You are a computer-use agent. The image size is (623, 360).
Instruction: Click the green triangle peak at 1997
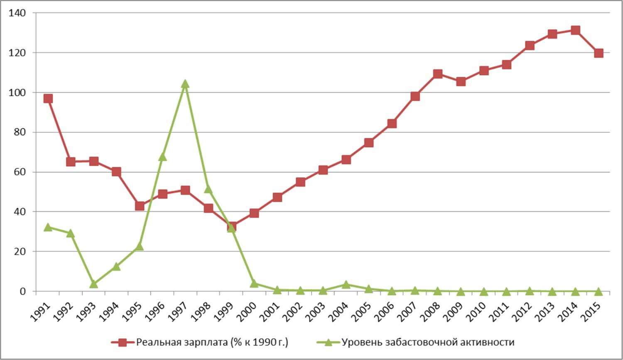click(185, 84)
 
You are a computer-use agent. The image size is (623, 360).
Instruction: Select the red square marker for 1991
click(48, 98)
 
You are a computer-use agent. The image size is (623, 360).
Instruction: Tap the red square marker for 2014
click(575, 30)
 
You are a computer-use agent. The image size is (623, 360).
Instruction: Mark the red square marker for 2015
click(598, 53)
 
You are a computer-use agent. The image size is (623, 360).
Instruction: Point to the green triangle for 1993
click(93, 284)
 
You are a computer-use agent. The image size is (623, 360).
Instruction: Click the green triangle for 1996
click(162, 157)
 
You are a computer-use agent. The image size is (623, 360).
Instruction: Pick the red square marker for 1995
click(140, 206)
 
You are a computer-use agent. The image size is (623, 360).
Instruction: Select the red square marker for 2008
click(437, 74)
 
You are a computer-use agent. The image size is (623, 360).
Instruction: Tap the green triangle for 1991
click(48, 227)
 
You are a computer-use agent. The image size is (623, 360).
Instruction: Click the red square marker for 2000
click(254, 213)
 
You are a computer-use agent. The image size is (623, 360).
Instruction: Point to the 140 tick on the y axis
click(17, 13)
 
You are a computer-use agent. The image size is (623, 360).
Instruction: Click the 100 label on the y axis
click(17, 93)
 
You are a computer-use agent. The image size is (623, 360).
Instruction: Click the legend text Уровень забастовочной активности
click(428, 343)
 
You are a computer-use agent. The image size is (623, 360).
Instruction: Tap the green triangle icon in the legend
click(328, 343)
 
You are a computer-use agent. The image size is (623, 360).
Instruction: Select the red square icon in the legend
click(123, 343)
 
